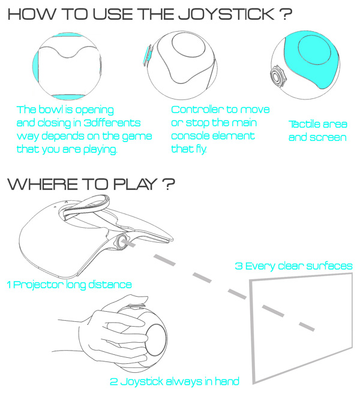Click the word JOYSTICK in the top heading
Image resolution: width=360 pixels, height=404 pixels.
tap(226, 14)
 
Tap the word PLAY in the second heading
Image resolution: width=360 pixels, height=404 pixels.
tap(135, 184)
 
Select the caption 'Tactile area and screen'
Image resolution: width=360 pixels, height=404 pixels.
tap(318, 131)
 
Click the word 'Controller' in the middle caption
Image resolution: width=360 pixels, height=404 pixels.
tap(197, 110)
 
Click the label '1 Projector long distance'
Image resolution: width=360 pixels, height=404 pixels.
tap(69, 285)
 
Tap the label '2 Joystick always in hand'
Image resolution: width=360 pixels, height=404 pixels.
tap(175, 381)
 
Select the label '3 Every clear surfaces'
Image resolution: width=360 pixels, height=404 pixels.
tap(293, 266)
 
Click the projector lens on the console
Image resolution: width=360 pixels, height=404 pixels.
tap(121, 241)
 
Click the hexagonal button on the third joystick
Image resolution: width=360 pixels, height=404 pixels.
tap(278, 76)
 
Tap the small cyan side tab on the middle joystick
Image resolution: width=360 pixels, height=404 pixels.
tap(148, 55)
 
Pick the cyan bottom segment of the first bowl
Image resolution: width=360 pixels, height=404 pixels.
tap(68, 97)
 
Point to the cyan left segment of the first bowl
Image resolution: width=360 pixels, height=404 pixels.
tap(35, 66)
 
